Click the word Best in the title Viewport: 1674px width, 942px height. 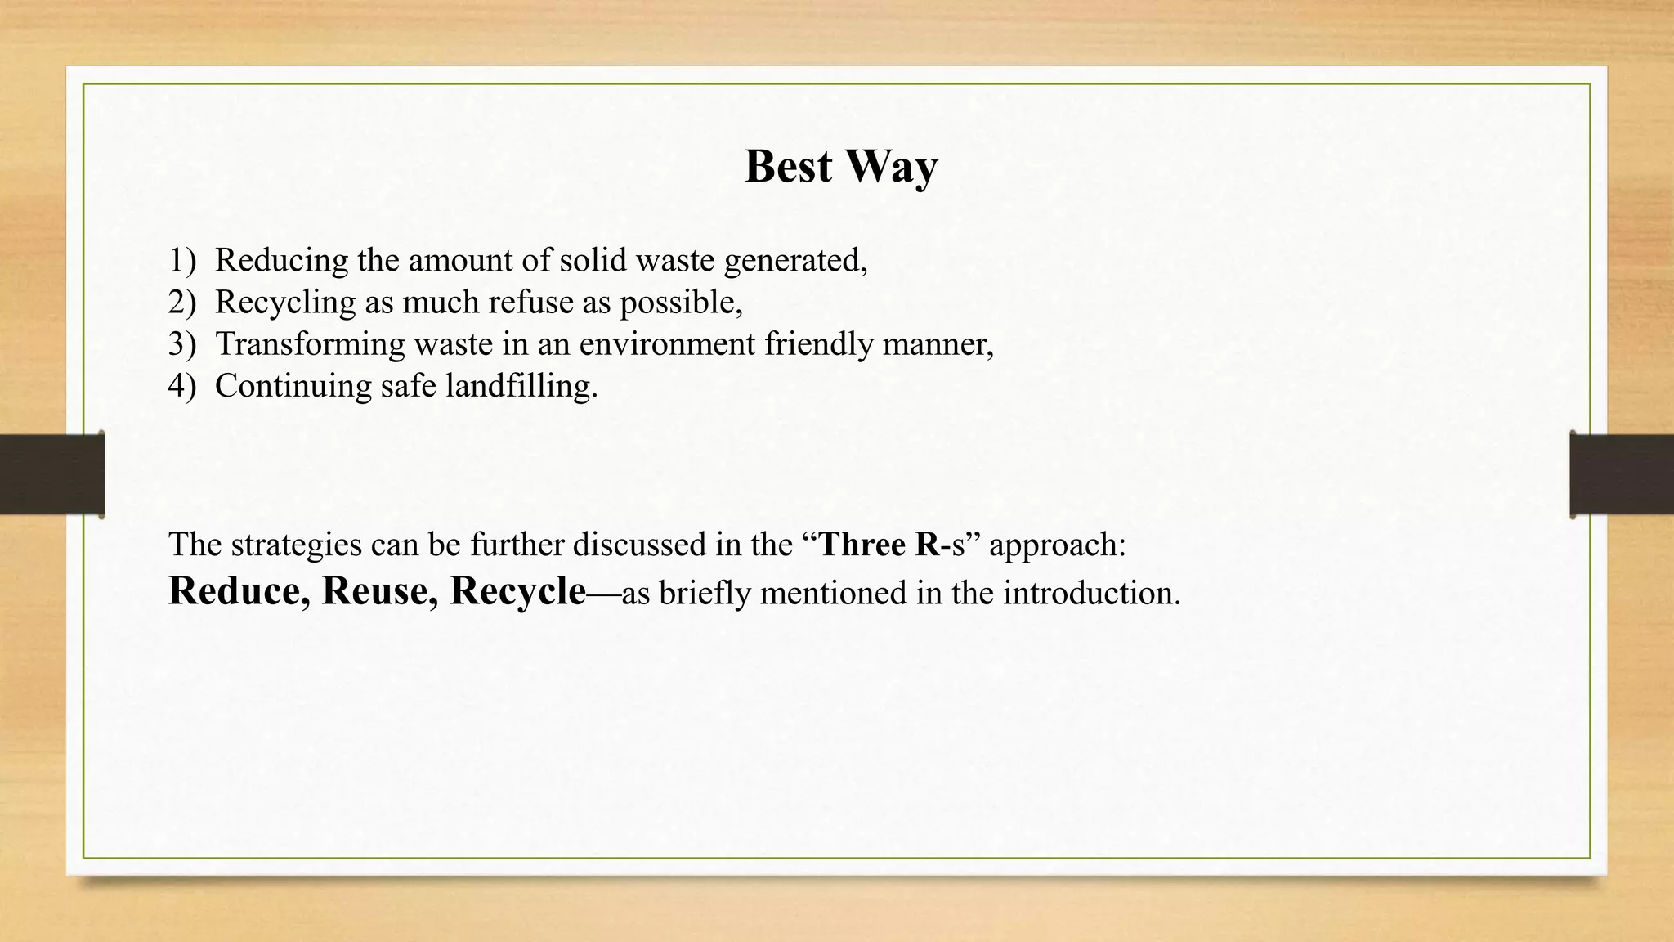(788, 167)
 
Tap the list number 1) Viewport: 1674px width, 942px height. (182, 261)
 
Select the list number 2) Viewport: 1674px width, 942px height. (182, 303)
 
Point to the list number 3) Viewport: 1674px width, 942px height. (182, 344)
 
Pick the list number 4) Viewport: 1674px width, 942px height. (182, 386)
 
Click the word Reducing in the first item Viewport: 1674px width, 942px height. (282, 261)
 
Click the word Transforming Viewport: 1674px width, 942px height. (310, 344)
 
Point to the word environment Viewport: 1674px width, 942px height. (667, 344)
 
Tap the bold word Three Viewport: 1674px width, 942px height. (862, 545)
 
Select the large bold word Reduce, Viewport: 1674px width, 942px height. (239, 591)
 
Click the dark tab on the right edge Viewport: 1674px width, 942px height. (1622, 474)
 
